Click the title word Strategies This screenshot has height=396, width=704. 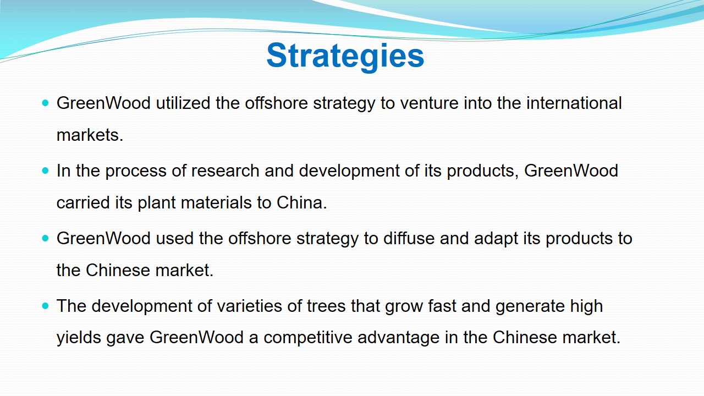[345, 56]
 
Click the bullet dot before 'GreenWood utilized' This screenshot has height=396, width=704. [45, 103]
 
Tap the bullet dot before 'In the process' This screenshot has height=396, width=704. [45, 170]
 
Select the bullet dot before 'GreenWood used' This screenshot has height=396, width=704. [45, 238]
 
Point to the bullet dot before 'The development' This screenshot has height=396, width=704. [45, 306]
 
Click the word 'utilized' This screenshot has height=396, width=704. [183, 103]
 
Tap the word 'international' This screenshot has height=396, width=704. [574, 103]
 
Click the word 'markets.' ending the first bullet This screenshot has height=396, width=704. [90, 135]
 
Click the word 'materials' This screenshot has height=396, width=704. [216, 202]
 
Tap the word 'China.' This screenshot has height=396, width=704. [302, 202]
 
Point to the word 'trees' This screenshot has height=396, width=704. [326, 306]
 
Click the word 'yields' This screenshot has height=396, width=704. [79, 338]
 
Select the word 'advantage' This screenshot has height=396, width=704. [399, 338]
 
